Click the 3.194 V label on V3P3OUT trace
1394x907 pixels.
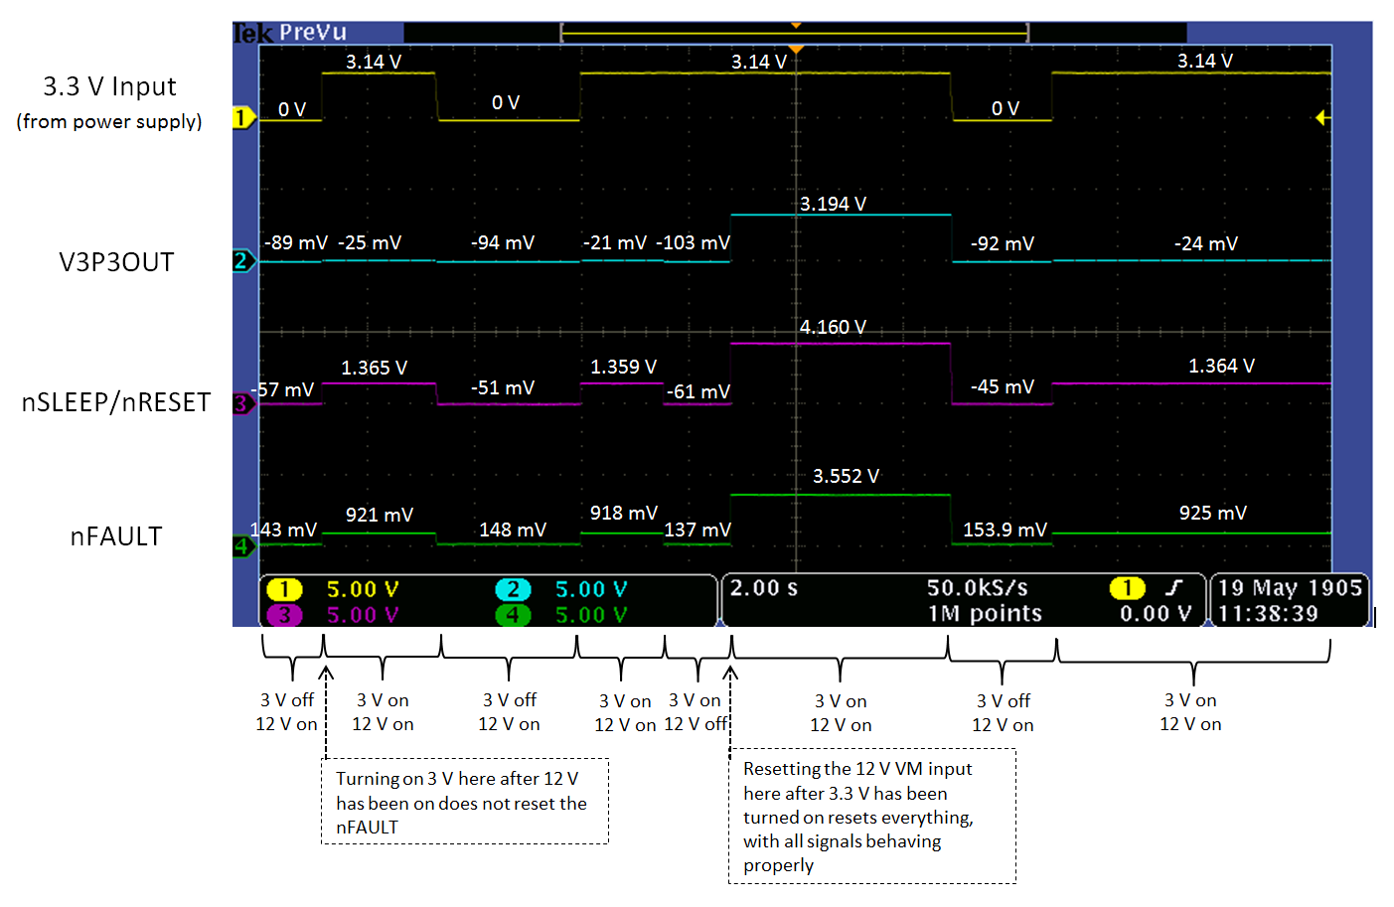pos(833,204)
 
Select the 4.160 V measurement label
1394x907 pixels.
pos(833,327)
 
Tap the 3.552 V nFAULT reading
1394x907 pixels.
pos(846,476)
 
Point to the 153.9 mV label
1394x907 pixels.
pos(1005,529)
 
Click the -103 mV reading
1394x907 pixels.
pos(693,242)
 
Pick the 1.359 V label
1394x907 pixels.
pos(623,367)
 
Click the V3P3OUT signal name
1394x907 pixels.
pos(116,262)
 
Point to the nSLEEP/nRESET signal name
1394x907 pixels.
pos(116,402)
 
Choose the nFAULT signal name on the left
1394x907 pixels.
pos(115,536)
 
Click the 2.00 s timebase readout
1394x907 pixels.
pos(763,588)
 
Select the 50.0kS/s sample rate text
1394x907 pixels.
pos(977,588)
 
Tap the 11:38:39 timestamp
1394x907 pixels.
pos(1268,613)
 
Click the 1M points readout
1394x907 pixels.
pos(985,613)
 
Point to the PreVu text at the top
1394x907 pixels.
pos(312,32)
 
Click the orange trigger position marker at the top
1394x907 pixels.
pos(795,48)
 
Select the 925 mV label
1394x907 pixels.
pos(1212,513)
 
